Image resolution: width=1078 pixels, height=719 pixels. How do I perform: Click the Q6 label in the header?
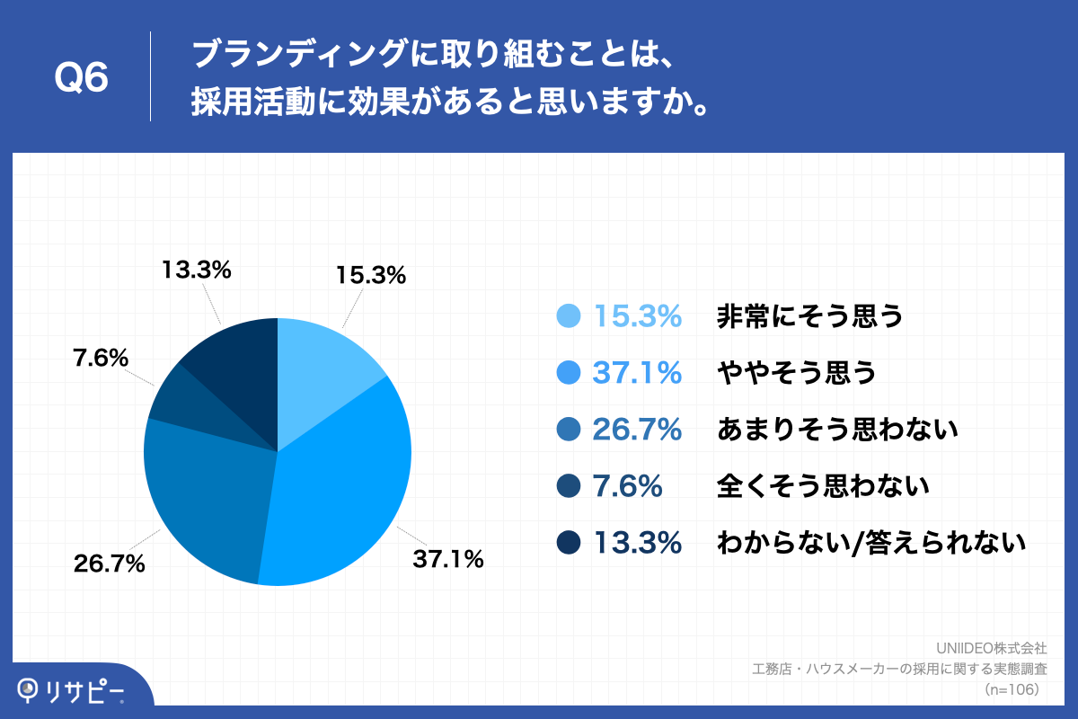coord(82,79)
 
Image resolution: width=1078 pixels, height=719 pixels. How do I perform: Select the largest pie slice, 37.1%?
coord(346,485)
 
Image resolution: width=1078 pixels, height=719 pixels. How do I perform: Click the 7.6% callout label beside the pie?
coord(100,359)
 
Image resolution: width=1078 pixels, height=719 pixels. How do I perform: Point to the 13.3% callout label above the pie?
coord(197,269)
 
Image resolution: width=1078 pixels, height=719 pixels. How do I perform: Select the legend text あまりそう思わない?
coord(838,431)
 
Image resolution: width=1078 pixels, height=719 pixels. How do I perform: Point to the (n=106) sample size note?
coord(1012,689)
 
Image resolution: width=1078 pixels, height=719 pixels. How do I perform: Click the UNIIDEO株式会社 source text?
coord(991,648)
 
